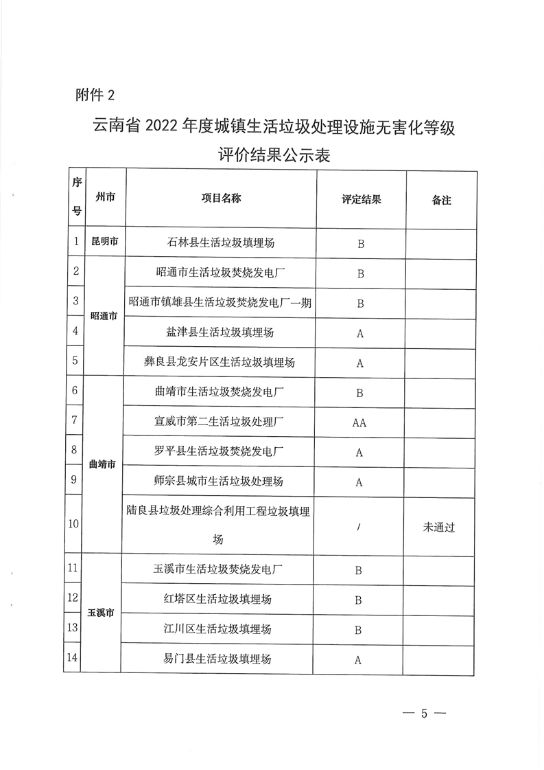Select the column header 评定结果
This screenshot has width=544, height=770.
(361, 199)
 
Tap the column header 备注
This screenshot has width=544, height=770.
(441, 200)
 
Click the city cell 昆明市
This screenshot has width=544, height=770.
(105, 242)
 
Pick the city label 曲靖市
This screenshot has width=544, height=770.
(102, 465)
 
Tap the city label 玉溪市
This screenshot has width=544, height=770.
(101, 612)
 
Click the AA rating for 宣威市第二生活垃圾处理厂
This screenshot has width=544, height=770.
(359, 423)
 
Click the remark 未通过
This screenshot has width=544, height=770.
(440, 528)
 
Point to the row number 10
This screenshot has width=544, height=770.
(73, 523)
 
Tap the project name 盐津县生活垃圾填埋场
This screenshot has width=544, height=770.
(220, 332)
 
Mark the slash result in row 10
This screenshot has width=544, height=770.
(359, 528)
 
